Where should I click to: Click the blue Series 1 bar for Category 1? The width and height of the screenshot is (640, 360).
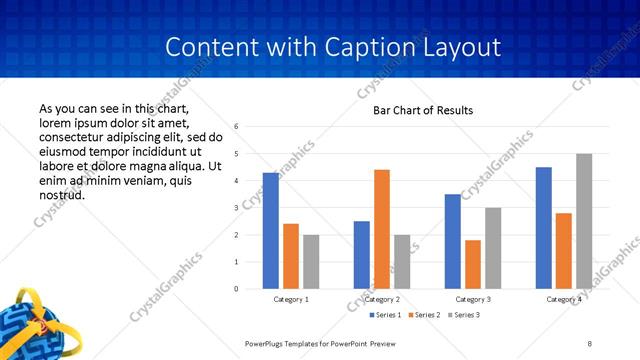tap(271, 231)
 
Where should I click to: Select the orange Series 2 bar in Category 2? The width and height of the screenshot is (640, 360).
tap(381, 229)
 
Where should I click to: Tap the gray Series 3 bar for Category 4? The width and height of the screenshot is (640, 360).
tap(584, 221)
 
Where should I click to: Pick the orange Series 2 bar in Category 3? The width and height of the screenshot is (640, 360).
tap(472, 264)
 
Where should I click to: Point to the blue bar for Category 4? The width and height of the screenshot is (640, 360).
tap(543, 228)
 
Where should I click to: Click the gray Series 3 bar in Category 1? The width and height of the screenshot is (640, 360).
tap(311, 262)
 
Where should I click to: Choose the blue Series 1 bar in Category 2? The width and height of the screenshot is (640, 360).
tap(361, 255)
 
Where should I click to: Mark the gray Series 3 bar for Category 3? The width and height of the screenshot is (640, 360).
tap(493, 248)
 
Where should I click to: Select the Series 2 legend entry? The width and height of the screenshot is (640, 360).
tap(425, 315)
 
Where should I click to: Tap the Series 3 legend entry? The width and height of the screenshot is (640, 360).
tap(464, 315)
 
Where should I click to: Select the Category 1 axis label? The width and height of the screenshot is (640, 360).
tap(291, 299)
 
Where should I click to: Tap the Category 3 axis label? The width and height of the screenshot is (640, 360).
tap(473, 299)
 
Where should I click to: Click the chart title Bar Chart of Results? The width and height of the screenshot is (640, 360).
tap(423, 110)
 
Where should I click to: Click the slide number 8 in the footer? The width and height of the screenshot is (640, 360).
tap(590, 342)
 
